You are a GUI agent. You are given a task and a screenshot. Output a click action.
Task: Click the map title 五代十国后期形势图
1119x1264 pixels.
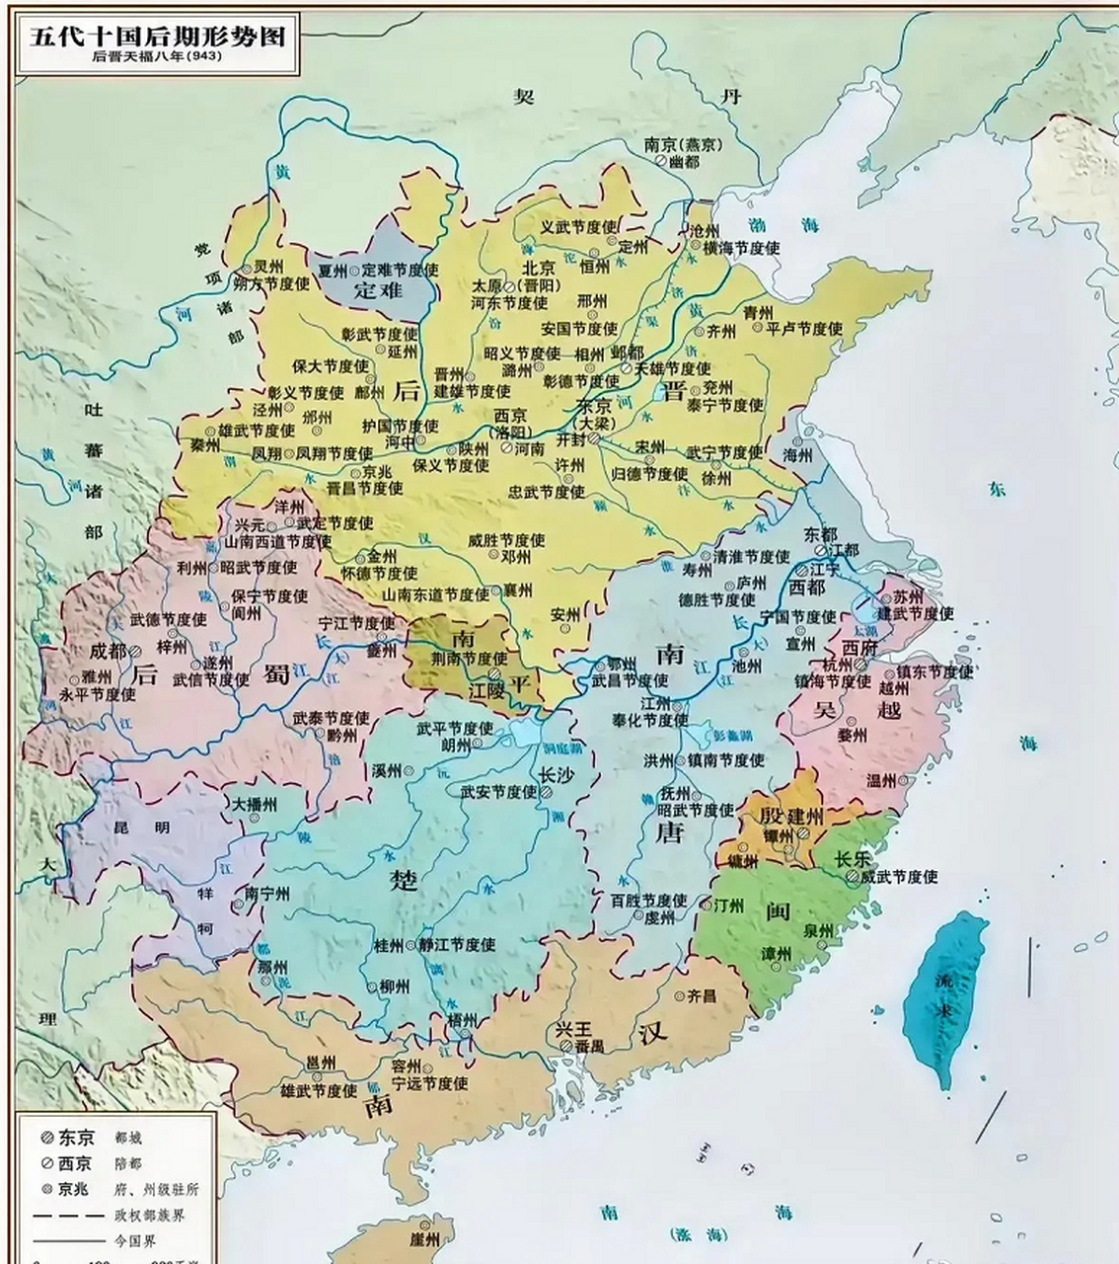tap(157, 37)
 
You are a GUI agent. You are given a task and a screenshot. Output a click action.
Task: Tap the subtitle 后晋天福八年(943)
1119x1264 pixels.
tap(157, 57)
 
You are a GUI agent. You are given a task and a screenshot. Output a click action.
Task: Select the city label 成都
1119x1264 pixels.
tap(108, 651)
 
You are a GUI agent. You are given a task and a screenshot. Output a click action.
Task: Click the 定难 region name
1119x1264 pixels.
tap(379, 289)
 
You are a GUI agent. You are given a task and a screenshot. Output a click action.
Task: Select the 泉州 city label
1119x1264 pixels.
tap(817, 930)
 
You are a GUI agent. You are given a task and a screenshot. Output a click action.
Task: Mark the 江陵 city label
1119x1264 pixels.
tap(488, 691)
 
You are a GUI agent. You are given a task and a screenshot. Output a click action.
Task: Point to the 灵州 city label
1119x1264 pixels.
tap(267, 267)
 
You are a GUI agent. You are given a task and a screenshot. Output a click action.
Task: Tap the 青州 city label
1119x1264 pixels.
tap(757, 312)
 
